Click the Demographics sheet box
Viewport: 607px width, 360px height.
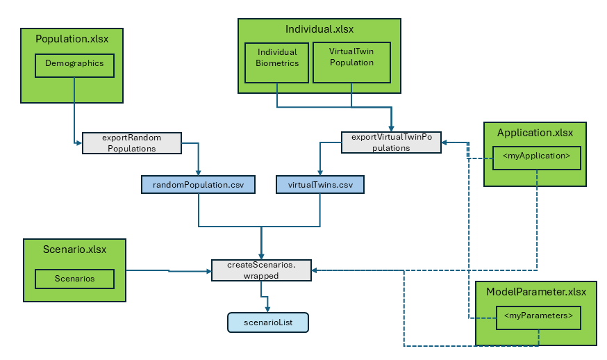74,64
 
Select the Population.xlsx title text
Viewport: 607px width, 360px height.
72,39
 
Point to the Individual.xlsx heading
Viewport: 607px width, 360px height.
319,29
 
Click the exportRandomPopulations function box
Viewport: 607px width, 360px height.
132,142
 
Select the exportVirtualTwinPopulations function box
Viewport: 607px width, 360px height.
392,142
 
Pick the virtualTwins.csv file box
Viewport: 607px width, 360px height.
319,184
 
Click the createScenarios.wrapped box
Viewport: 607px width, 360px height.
261,270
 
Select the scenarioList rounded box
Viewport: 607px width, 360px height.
267,322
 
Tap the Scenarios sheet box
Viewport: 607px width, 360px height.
74,279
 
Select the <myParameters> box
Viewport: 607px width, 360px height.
538,317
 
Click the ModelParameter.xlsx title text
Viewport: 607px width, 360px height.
535,292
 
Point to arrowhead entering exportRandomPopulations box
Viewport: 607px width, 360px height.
78,142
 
